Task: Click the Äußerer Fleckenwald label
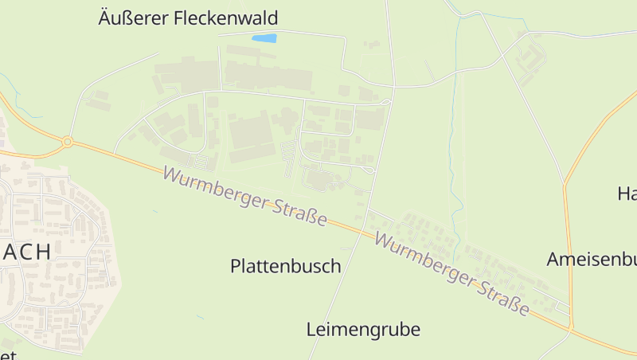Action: [x=188, y=18]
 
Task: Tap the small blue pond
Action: [x=264, y=37]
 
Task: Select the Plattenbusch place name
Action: [x=285, y=266]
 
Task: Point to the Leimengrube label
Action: [x=363, y=329]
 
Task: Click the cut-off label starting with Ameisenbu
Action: [x=592, y=260]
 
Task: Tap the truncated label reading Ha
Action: [x=627, y=194]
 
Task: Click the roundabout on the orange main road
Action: [x=68, y=142]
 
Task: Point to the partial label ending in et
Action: [x=8, y=354]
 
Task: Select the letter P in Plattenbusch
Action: [x=236, y=266]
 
